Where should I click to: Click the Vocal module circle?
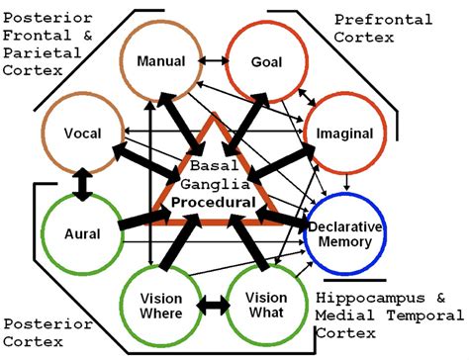pyautogui.click(x=81, y=133)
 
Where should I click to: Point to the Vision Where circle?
pyautogui.click(x=161, y=306)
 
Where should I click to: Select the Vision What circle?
pyautogui.click(x=265, y=306)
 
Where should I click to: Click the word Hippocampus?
pyautogui.click(x=367, y=297)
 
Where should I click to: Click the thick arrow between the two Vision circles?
pyautogui.click(x=214, y=307)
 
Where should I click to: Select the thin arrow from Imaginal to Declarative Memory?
pyautogui.click(x=345, y=177)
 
